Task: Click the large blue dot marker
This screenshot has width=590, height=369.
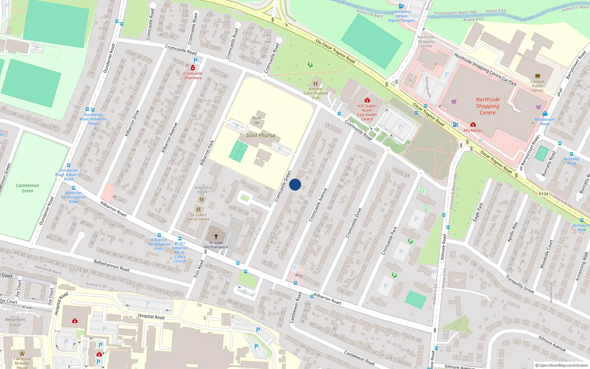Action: point(295,184)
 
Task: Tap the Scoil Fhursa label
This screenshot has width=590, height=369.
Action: point(260,135)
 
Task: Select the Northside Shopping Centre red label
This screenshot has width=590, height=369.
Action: point(487,106)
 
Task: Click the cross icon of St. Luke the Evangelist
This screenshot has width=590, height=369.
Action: point(216,236)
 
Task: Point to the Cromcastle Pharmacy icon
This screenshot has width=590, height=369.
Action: point(192,68)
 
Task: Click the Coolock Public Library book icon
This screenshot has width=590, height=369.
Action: point(537,76)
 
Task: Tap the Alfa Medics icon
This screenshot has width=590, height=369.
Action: point(473,125)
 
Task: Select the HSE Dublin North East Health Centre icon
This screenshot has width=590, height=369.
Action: point(367,100)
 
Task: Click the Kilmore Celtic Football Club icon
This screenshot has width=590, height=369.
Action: point(315,83)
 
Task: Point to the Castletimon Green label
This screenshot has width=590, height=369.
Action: point(27,188)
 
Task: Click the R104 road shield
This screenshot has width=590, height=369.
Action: point(543,194)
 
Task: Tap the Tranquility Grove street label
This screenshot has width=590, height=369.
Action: point(520,284)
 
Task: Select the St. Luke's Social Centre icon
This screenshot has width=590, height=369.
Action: point(198,209)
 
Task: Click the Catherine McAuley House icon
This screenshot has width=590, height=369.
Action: point(22,353)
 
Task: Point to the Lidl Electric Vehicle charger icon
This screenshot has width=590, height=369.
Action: point(401,6)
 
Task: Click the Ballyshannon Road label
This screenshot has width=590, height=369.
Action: point(111,266)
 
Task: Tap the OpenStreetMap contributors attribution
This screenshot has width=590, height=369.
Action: point(561,365)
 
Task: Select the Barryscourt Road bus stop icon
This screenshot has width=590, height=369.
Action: point(545,114)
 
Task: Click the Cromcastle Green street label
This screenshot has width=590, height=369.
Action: point(283,186)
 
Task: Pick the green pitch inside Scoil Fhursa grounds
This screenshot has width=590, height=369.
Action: point(238,152)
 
